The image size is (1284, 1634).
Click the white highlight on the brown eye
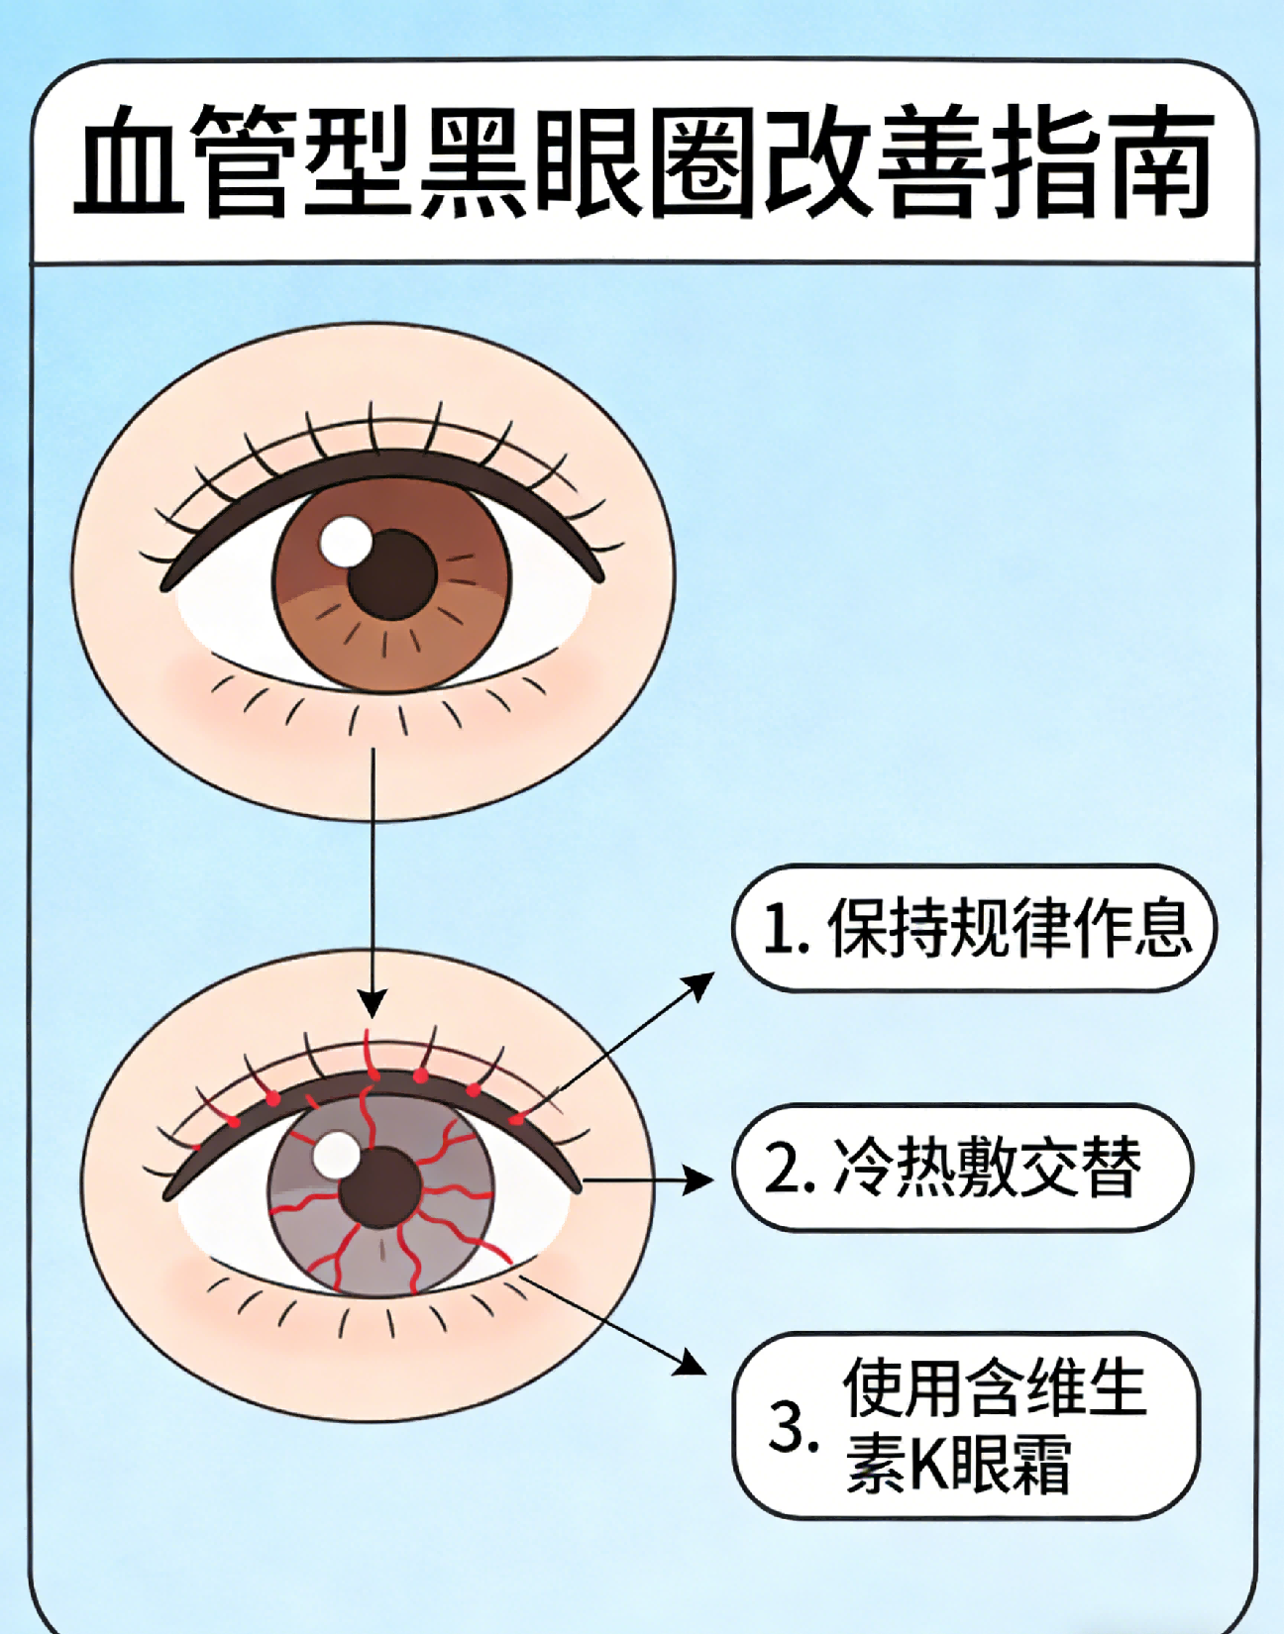point(346,542)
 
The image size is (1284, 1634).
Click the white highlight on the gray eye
point(336,1155)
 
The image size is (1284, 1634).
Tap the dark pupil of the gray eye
point(380,1188)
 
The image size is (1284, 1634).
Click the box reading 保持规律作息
point(974,928)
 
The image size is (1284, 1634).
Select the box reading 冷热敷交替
point(962,1168)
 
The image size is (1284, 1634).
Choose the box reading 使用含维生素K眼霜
point(966,1425)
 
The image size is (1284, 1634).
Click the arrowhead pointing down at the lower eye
point(373,1004)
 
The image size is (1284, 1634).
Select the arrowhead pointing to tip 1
point(701,982)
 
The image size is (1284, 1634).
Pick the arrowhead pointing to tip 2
point(699,1179)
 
